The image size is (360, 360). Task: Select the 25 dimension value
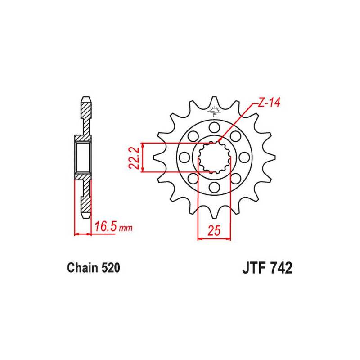214,230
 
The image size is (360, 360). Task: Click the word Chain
82,268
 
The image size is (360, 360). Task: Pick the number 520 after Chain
111,268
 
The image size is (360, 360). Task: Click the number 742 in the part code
281,268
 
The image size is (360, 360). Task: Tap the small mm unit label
126,228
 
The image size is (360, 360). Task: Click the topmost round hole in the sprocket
214,127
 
